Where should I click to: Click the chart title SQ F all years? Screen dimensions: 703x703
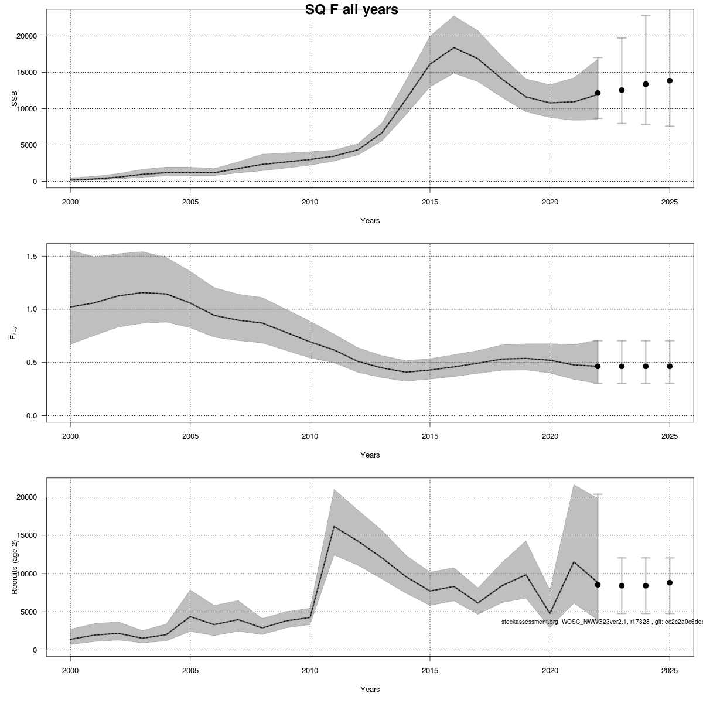pyautogui.click(x=351, y=10)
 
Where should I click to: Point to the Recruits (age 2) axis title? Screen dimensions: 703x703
pyautogui.click(x=15, y=567)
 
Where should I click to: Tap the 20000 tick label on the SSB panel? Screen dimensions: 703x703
pyautogui.click(x=27, y=36)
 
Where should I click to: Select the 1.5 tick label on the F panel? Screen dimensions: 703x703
pyautogui.click(x=32, y=257)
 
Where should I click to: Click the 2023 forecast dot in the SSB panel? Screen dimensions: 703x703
pyautogui.click(x=622, y=90)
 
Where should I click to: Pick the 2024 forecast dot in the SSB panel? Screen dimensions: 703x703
pyautogui.click(x=646, y=84)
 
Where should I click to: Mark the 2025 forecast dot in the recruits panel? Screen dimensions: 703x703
pyautogui.click(x=670, y=582)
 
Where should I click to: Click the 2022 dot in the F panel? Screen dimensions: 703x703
pyautogui.click(x=598, y=366)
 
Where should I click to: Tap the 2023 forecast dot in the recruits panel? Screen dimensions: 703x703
pyautogui.click(x=622, y=585)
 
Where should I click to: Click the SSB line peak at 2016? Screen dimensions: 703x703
pyautogui.click(x=454, y=47)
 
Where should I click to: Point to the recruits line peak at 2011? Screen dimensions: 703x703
pyautogui.click(x=334, y=527)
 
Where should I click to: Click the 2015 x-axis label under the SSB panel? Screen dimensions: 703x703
pyautogui.click(x=430, y=202)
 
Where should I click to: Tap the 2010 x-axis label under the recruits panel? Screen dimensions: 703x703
pyautogui.click(x=310, y=671)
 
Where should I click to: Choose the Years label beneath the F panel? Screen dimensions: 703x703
pyautogui.click(x=370, y=455)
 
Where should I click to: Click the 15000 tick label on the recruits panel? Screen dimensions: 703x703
pyautogui.click(x=27, y=535)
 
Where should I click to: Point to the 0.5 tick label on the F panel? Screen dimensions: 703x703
pyautogui.click(x=32, y=363)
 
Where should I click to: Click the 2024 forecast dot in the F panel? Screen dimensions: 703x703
pyautogui.click(x=646, y=366)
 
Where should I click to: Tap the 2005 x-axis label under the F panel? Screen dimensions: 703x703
pyautogui.click(x=190, y=436)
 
